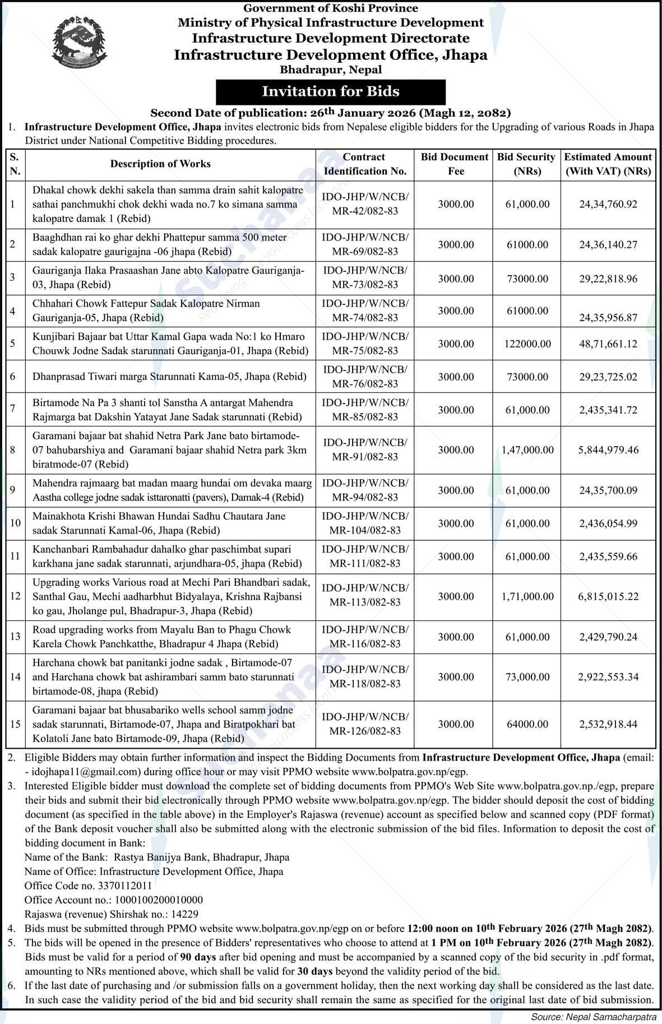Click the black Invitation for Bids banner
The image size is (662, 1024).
pos(331,91)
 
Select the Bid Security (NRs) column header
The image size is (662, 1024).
pos(526,164)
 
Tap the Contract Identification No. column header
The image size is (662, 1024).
pos(364,164)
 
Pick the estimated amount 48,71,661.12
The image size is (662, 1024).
pos(608,344)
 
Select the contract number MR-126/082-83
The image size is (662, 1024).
pos(365,731)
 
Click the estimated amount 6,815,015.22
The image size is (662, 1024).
pos(608,596)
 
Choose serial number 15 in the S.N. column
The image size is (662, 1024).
pos(15,724)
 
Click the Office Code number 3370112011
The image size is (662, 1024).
pos(124,886)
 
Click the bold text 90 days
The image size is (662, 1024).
pos(198,957)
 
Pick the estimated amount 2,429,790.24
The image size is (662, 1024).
pos(608,637)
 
